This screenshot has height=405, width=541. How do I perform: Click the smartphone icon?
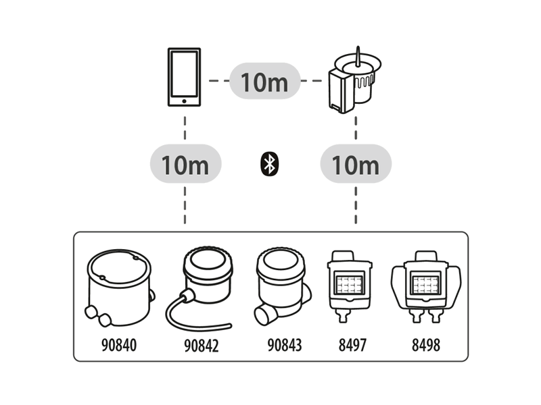tap(185, 77)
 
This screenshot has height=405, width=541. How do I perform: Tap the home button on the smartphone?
tap(185, 101)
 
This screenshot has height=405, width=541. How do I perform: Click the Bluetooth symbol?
tap(270, 164)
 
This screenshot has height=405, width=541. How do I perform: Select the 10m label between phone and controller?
tap(264, 82)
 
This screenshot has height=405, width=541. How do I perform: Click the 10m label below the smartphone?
tap(185, 164)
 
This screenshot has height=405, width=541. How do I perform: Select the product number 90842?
tap(201, 346)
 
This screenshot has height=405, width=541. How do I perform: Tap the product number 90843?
tap(284, 346)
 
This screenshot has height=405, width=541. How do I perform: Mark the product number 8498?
tap(426, 346)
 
